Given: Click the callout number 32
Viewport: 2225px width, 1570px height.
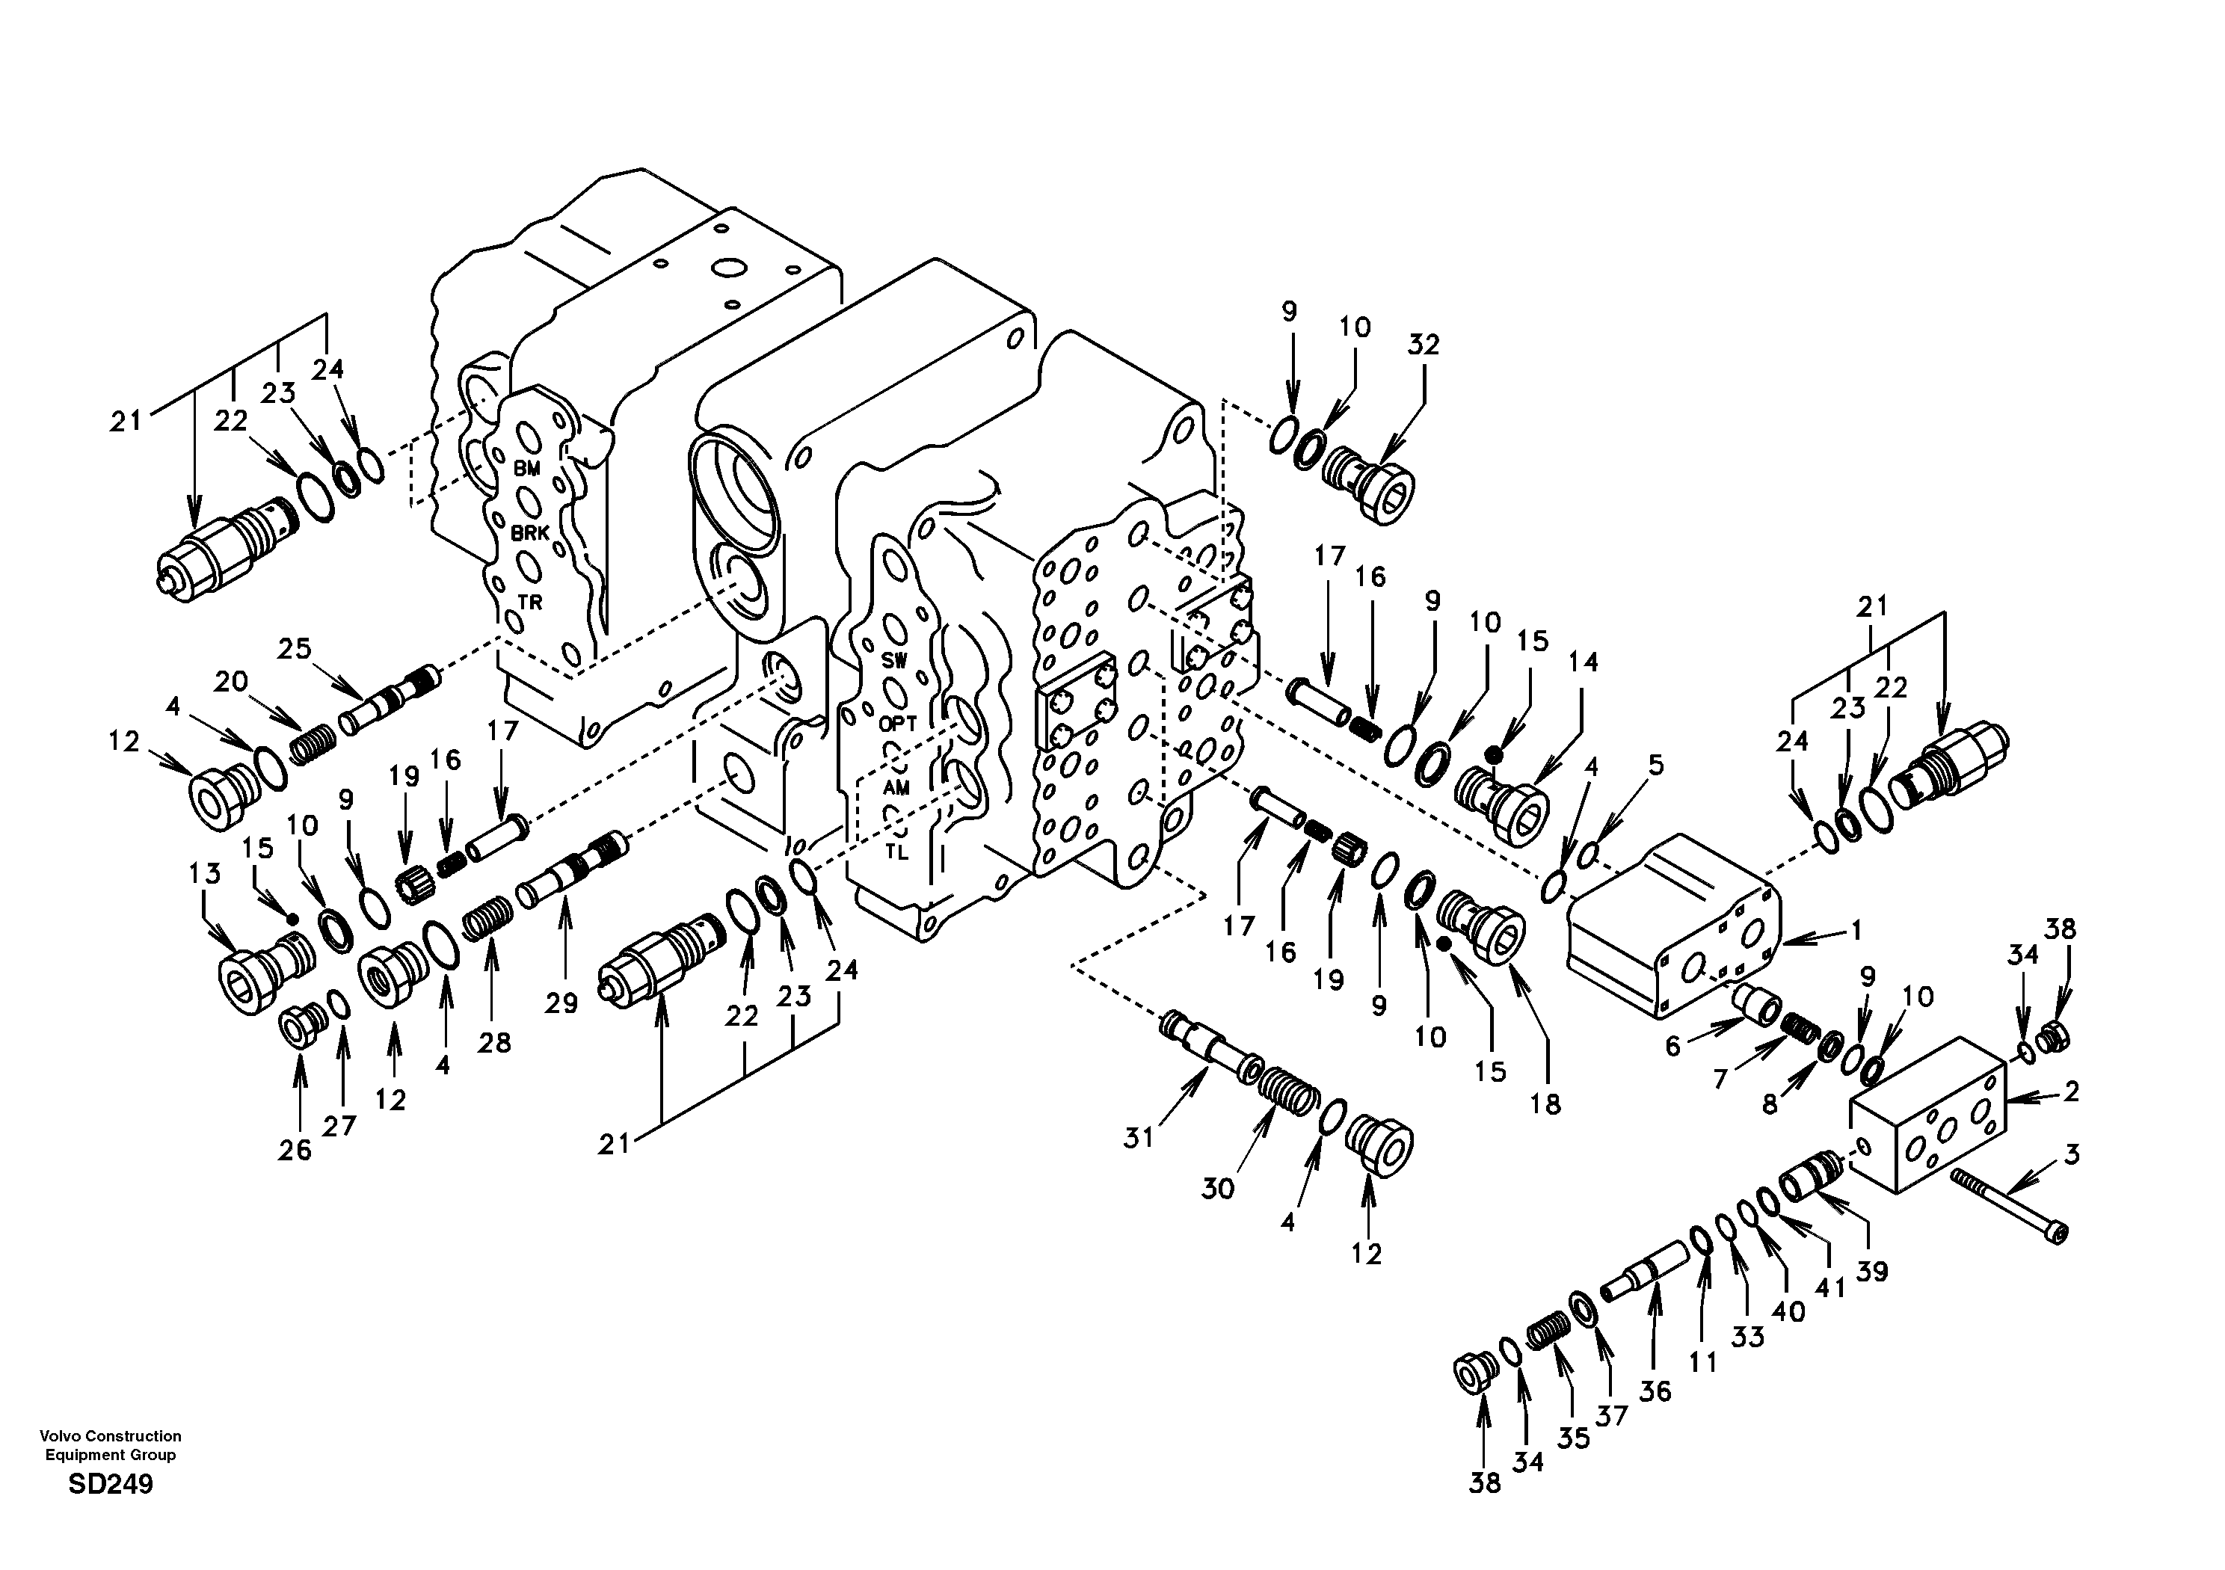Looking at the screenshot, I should tap(1424, 345).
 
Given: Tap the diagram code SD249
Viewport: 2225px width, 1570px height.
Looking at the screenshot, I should tap(111, 1485).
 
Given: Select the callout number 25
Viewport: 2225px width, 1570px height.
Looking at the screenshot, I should tap(295, 648).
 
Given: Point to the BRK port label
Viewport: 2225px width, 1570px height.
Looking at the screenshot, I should tap(530, 533).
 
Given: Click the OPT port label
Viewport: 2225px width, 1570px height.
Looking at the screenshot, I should tap(896, 724).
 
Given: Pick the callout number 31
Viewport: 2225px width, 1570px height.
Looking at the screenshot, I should tap(1139, 1137).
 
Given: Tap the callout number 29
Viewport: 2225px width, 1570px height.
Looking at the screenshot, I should tap(560, 1003).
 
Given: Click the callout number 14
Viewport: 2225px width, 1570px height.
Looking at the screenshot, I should tap(1583, 663).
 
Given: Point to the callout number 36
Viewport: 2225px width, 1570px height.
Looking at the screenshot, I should tap(1655, 1391).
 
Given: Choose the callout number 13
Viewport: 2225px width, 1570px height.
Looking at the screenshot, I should tap(204, 873).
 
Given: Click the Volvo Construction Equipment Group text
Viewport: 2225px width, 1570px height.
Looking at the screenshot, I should tap(111, 1445).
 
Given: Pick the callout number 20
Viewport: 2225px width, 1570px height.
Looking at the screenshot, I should tap(230, 683).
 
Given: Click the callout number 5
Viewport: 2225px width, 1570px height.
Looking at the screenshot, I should tap(1655, 766).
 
